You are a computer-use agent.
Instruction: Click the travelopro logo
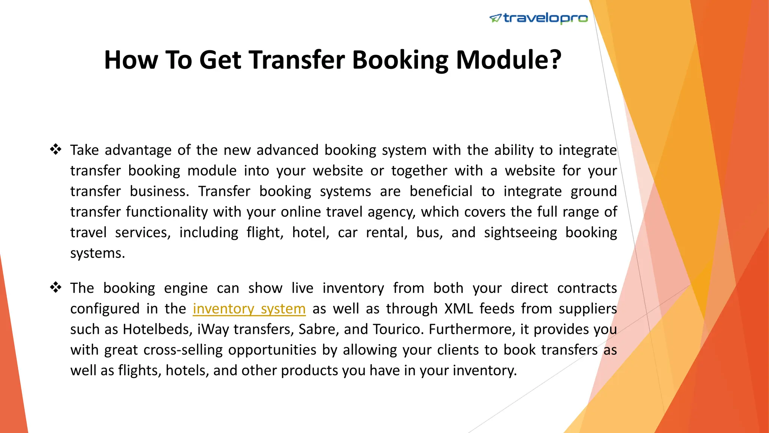pos(538,18)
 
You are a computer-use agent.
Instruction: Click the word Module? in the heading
pos(508,60)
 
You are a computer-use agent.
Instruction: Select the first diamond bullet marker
pos(56,150)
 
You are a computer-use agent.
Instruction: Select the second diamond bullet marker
pos(56,288)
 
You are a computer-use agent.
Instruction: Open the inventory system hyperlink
pos(249,309)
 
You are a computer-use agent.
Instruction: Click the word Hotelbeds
pos(158,329)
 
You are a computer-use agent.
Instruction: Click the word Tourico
pos(398,329)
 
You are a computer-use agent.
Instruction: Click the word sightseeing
pos(520,233)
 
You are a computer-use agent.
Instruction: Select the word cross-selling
pos(183,350)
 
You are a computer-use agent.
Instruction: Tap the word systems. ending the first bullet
pos(97,254)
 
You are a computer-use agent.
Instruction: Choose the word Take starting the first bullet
pos(84,150)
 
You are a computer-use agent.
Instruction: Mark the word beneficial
pos(441,191)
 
